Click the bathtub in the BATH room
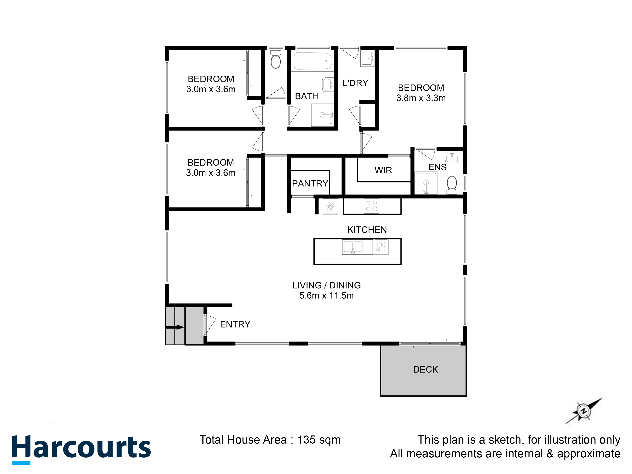point(313,61)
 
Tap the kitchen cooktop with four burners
point(371,206)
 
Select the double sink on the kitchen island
point(353,247)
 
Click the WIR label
point(383,170)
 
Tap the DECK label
point(425,370)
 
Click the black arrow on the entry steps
point(175,327)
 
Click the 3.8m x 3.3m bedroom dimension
point(421,98)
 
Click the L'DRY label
point(355,83)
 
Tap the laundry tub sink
point(367,59)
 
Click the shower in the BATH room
point(323,115)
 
